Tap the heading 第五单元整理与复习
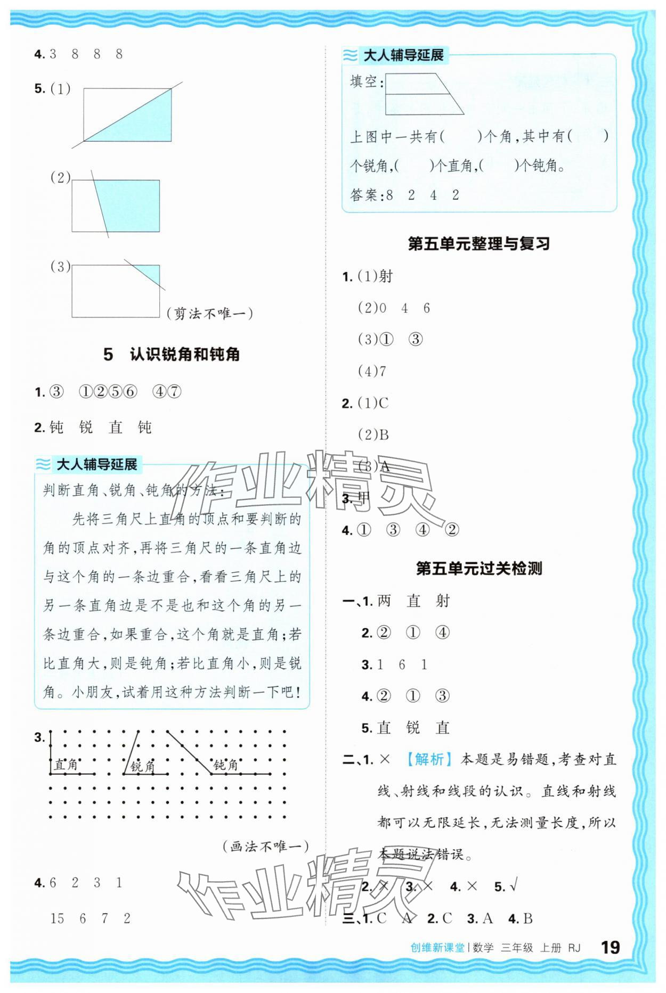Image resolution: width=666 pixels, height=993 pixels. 478,244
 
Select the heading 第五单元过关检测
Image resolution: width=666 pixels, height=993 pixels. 478,568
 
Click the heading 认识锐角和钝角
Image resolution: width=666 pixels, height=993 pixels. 184,354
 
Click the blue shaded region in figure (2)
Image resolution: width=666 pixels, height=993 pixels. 131,204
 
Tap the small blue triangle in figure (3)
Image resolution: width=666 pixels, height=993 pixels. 151,273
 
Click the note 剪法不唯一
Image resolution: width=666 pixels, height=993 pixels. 209,313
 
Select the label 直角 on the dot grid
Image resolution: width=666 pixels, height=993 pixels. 66,765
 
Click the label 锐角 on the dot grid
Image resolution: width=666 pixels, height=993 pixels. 142,766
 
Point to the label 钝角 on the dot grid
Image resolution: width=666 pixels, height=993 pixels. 225,765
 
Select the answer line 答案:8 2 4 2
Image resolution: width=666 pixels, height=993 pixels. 404,195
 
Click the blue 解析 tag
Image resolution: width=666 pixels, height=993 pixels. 429,759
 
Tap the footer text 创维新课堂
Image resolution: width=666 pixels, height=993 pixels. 437,948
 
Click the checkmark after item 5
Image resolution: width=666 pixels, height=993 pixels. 513,887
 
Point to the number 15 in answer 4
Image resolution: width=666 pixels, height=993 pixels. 57,918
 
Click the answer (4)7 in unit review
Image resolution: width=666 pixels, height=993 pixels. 372,371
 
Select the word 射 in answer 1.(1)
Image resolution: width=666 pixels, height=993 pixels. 385,276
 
